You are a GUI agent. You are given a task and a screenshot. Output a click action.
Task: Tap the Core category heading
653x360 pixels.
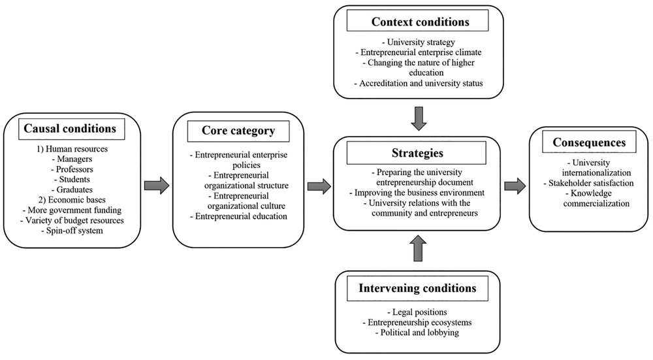pos(238,131)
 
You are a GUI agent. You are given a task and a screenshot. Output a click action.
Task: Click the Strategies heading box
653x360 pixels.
pos(417,153)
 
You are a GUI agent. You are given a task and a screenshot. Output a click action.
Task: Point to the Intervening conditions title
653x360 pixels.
pos(418,288)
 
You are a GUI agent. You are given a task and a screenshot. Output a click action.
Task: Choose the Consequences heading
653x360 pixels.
pos(589,142)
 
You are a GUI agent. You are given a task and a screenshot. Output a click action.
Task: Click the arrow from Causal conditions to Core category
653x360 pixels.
pos(157,186)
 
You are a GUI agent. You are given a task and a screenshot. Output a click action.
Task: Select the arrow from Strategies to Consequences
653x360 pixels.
pos(515,186)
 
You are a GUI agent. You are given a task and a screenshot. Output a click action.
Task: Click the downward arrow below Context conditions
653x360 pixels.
pos(419,119)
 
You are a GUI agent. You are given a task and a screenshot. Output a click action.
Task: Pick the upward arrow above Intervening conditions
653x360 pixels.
pos(419,248)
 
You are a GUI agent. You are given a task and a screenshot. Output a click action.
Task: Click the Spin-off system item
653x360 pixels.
pos(72,231)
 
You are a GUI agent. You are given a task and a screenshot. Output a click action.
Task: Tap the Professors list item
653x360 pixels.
pos(72,169)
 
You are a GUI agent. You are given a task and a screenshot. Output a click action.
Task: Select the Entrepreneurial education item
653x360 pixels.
pos(238,216)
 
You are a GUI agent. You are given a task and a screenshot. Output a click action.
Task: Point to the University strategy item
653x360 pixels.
pos(419,42)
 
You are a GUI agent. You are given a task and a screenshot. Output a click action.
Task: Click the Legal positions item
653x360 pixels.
pos(417,312)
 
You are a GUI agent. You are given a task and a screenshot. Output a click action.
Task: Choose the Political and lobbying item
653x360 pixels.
pos(417,333)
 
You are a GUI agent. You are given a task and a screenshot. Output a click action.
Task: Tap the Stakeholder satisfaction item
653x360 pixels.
pos(589,183)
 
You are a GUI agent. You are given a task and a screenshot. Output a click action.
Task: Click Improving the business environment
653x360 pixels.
pos(417,193)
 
